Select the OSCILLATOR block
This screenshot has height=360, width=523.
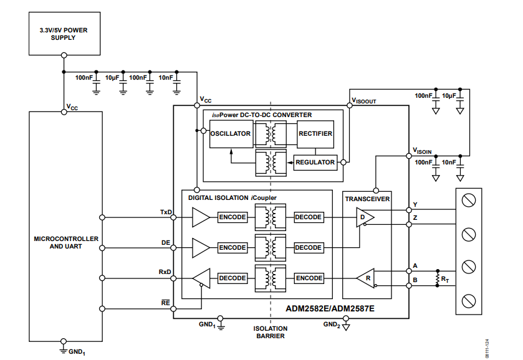point(231,134)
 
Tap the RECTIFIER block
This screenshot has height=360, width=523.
point(315,134)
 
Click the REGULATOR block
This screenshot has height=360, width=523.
point(315,163)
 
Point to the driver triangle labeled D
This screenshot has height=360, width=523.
point(364,217)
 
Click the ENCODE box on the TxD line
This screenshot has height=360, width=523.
point(232,217)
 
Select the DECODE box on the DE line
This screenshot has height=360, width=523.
point(308,248)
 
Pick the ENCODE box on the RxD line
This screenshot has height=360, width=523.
point(308,278)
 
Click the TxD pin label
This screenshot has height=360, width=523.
point(166,212)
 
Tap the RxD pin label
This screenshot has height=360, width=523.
point(166,273)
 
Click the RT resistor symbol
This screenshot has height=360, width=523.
point(437,278)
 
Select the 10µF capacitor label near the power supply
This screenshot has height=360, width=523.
point(113,78)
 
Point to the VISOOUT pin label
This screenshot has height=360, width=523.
point(363,100)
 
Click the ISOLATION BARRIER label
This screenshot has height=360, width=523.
point(271,332)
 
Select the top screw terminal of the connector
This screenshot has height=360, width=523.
point(471,200)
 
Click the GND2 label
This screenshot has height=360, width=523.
point(331,324)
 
